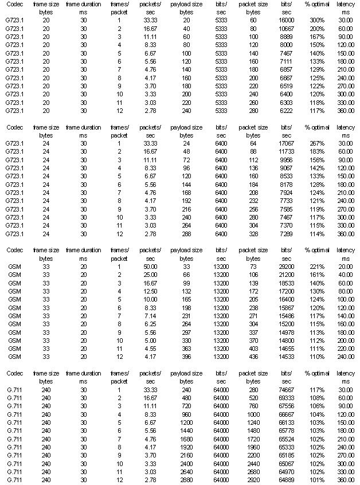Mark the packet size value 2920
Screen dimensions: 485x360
tap(253, 479)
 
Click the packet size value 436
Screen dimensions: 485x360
tap(253, 355)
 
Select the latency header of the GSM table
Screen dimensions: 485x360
tap(346, 250)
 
